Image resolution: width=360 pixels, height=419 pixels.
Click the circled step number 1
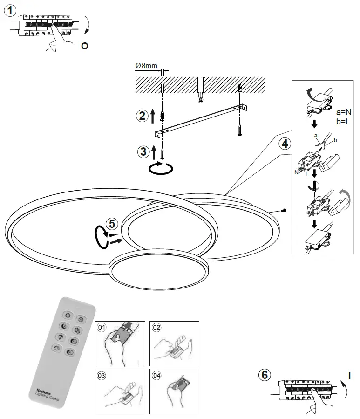pyautogui.click(x=11, y=11)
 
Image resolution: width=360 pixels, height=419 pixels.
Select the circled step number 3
pyautogui.click(x=144, y=151)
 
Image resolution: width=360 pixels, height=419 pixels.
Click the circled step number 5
pyautogui.click(x=111, y=224)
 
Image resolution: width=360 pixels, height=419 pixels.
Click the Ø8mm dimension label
pyautogui.click(x=146, y=66)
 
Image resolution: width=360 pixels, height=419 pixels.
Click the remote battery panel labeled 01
pyautogui.click(x=121, y=343)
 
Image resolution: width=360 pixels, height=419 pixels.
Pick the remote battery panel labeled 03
pyautogui.click(x=121, y=391)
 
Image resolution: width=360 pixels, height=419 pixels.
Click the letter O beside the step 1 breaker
pyautogui.click(x=84, y=47)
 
